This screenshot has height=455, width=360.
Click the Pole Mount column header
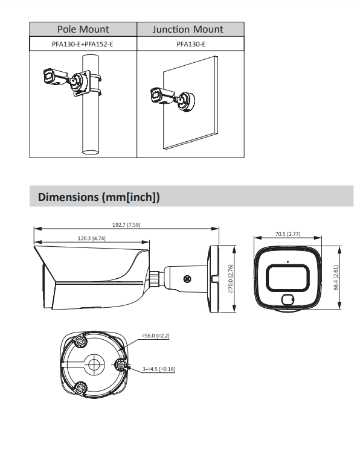[83, 29]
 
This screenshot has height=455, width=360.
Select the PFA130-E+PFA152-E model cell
[83, 44]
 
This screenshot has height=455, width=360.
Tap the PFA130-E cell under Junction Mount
[191, 44]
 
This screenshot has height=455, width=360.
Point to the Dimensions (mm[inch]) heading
[98, 197]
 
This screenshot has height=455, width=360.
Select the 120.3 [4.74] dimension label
[92, 238]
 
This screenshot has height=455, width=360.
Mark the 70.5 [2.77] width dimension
[288, 234]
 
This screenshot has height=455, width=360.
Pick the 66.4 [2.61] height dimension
[336, 278]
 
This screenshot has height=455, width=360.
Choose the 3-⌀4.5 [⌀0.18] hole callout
[159, 369]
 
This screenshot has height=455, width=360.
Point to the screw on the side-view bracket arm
[187, 278]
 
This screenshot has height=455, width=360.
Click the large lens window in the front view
[288, 276]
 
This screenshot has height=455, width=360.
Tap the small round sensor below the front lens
[288, 299]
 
